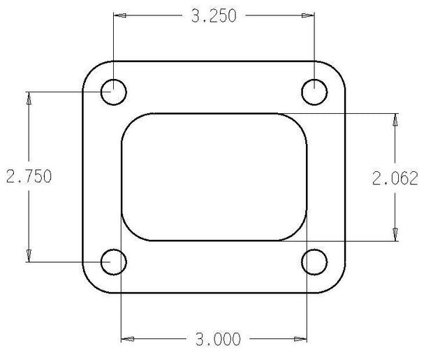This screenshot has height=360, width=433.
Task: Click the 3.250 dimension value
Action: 214,16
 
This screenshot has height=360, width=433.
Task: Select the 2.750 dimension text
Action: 29,176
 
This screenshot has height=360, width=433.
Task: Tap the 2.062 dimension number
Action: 395,178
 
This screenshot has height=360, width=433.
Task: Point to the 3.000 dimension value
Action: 218,339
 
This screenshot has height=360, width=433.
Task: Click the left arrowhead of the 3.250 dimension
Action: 120,15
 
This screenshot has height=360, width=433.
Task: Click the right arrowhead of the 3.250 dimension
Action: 308,15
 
